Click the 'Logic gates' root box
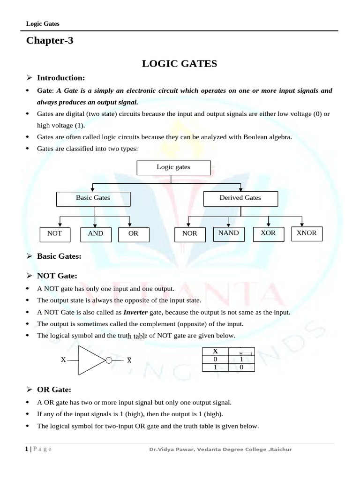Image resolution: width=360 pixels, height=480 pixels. [173, 168]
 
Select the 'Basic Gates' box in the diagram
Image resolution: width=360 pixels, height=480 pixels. [93, 199]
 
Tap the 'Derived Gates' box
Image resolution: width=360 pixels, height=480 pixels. [240, 199]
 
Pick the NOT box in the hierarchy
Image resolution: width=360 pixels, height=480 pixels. [55, 234]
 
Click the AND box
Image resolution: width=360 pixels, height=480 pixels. [96, 234]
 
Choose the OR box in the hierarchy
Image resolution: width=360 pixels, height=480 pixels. [134, 234]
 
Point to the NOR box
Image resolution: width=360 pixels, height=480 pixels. [190, 234]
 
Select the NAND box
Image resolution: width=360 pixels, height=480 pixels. [229, 233]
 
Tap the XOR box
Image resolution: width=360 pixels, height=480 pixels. [268, 233]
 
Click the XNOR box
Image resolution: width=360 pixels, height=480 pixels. [307, 233]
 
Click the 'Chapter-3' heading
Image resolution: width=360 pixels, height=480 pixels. [50, 41]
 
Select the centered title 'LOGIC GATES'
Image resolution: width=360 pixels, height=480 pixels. [180, 64]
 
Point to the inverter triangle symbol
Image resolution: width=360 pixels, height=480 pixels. [91, 360]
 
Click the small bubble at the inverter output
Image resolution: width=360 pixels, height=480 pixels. [109, 360]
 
